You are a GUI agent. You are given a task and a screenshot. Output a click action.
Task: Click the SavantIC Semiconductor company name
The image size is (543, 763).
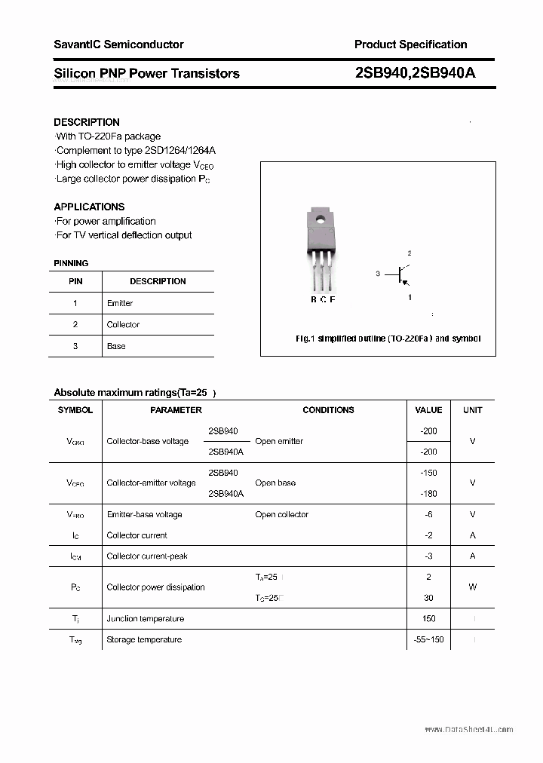point(118,44)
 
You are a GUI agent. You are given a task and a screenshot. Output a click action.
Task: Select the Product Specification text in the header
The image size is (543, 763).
point(410,44)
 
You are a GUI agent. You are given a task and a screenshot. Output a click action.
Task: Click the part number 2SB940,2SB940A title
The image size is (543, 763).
point(415,73)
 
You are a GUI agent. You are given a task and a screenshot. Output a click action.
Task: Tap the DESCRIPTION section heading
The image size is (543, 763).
point(87,122)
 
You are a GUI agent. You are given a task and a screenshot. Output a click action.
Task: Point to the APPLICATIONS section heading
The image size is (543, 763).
point(89,207)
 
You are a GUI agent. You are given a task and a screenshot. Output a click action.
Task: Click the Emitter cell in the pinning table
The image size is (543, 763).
point(120,303)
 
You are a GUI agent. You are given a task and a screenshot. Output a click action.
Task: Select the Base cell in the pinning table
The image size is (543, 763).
point(116,346)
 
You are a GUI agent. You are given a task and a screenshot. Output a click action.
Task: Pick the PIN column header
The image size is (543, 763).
point(75,281)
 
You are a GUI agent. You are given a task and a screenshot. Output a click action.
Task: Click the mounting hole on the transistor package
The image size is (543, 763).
point(321,220)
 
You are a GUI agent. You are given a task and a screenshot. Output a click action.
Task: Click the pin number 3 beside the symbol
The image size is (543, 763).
point(377,274)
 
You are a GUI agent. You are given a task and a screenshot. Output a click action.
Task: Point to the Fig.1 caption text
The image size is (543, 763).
point(388,339)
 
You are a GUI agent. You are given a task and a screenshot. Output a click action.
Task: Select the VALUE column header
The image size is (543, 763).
point(428,410)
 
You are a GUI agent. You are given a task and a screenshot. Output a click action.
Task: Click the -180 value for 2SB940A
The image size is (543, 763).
point(428,494)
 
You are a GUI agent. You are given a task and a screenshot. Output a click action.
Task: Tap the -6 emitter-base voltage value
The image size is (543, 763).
point(428,515)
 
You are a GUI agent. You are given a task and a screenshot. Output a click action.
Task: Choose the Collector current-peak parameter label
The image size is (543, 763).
point(147,556)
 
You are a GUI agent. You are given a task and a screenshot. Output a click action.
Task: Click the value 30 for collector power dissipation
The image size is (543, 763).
point(428,598)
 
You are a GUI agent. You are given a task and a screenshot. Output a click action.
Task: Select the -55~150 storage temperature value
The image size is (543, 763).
point(428,639)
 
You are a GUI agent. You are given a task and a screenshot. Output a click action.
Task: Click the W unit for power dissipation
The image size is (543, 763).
point(473,587)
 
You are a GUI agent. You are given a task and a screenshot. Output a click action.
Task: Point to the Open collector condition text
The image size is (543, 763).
point(281,515)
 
